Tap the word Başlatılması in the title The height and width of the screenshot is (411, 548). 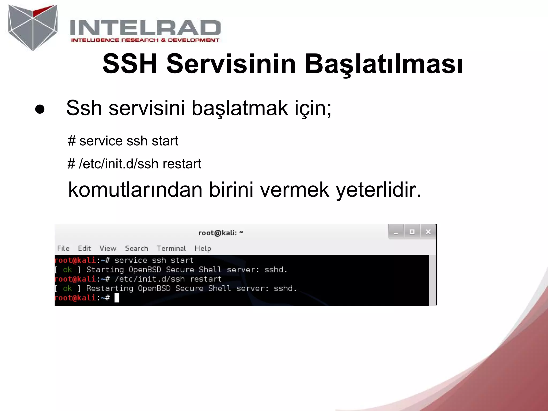coord(384,64)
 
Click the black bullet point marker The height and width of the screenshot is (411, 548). coord(40,109)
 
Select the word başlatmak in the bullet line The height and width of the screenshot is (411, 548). coord(240,108)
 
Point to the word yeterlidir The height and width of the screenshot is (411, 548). coord(378,190)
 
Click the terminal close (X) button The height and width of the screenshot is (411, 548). coord(428,232)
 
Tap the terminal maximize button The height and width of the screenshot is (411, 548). coord(412,232)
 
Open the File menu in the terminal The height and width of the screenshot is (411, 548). coord(63,248)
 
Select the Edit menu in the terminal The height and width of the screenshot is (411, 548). coord(84,248)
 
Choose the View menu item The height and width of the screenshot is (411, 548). coord(108,248)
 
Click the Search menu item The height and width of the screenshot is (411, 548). coord(136,248)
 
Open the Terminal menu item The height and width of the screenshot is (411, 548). coord(171,248)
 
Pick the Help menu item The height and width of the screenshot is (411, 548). coord(203,248)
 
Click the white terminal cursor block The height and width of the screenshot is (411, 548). coord(117,298)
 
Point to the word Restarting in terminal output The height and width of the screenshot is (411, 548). coord(110,288)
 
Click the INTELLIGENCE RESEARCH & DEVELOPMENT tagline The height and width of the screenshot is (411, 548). coord(145,40)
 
